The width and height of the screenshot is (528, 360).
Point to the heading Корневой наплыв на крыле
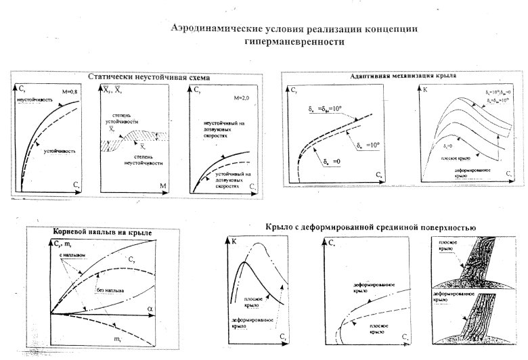[102, 233]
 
